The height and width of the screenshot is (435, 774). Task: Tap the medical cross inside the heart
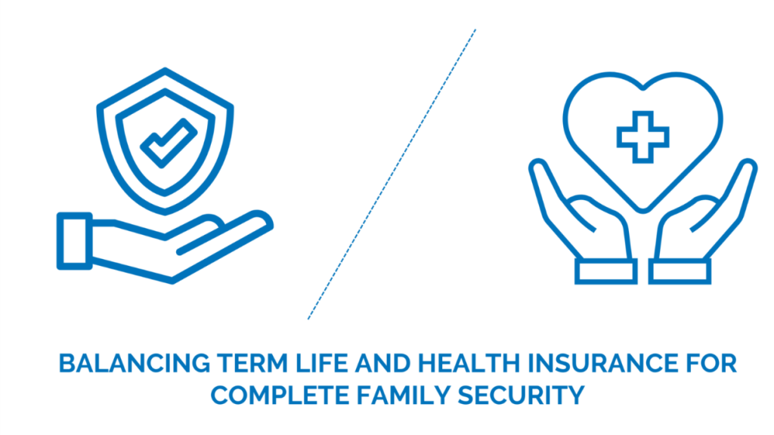[x=642, y=137]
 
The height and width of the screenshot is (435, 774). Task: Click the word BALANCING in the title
[x=135, y=363]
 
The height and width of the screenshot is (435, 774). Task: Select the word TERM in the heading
[x=252, y=363]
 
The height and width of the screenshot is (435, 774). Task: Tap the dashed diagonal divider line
[x=392, y=174]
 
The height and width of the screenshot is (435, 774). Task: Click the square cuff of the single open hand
[x=75, y=241]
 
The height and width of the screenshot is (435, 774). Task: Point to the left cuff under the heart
[x=605, y=271]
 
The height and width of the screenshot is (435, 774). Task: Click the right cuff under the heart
[x=680, y=271]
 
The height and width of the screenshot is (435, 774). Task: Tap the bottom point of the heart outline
[x=642, y=211]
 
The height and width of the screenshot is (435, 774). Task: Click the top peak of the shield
[x=166, y=69]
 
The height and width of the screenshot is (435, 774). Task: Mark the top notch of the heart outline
[x=642, y=89]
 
